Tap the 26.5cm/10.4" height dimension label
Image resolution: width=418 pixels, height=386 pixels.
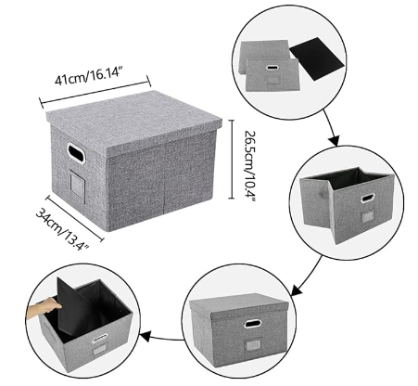coord(250,166)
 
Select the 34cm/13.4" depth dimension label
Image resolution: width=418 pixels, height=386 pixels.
coord(63,228)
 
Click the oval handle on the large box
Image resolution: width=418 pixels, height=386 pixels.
coord(76,153)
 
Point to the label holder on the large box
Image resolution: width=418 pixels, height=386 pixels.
coord(77,183)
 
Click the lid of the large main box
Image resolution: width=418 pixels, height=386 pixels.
coord(134,122)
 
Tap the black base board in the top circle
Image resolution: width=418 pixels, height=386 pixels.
coord(317,58)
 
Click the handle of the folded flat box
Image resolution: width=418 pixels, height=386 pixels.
coord(272,67)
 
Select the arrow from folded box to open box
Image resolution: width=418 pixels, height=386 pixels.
coord(332,127)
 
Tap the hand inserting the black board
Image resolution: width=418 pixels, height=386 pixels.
coord(44,308)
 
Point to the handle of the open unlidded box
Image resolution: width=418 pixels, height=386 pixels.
coord(368,198)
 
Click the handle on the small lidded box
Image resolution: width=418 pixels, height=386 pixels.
coord(252,324)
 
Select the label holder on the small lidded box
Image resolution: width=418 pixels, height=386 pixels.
coord(253,345)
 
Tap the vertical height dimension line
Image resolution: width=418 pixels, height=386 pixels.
coord(232,159)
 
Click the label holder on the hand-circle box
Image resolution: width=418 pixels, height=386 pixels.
coord(99,352)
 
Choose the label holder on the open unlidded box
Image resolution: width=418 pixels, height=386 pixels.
coord(367,214)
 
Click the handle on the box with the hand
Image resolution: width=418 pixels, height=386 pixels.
coord(100,339)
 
